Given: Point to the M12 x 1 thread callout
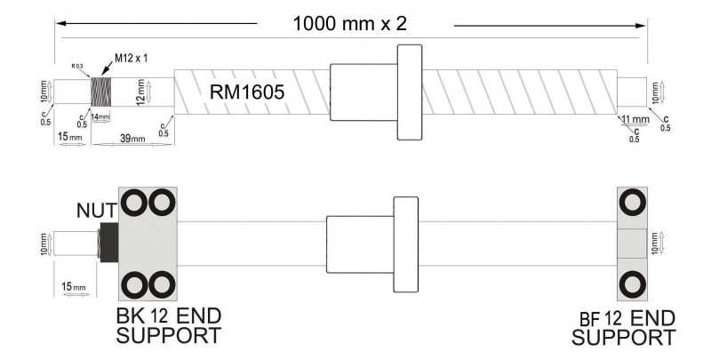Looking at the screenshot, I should pos(131,59).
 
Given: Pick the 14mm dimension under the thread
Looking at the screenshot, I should pos(101,117).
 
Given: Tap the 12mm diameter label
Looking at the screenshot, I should pos(139,91).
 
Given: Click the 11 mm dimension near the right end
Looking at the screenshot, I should pos(635,119).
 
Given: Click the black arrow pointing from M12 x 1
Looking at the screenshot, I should pos(103,69).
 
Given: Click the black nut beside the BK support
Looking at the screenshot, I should pos(109,241).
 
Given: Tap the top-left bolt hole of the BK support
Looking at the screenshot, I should pos(135,203).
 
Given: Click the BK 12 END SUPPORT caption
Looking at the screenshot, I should pos(169,326).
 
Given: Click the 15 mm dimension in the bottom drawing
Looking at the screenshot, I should pos(73,286).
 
